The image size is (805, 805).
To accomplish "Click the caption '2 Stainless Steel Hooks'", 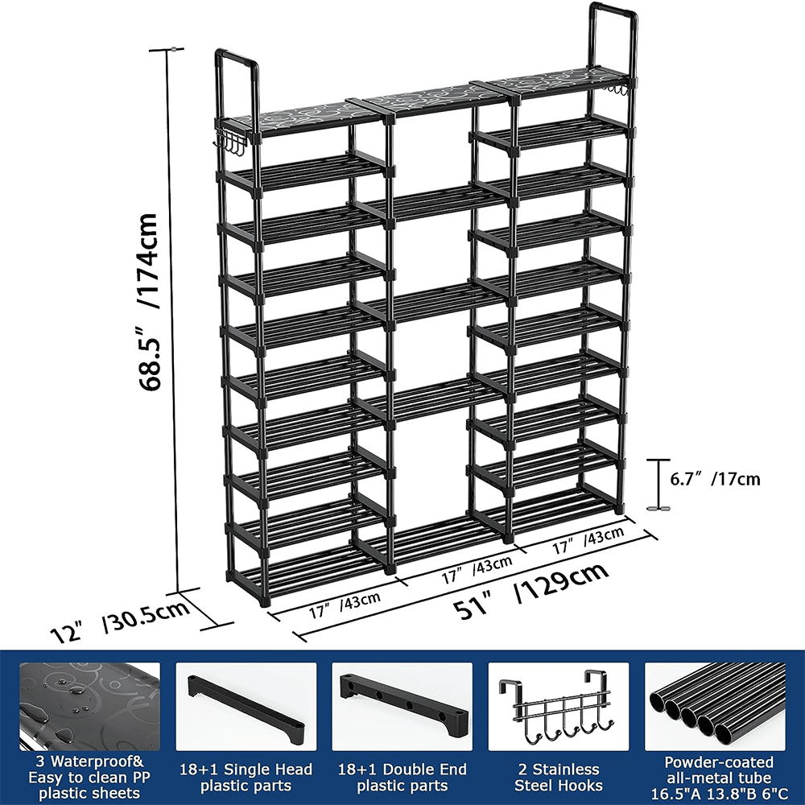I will pyautogui.click(x=559, y=777).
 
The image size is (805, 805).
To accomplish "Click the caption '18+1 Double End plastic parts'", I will pyautogui.click(x=402, y=777).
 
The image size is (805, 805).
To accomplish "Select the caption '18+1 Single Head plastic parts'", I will pyautogui.click(x=246, y=777).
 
